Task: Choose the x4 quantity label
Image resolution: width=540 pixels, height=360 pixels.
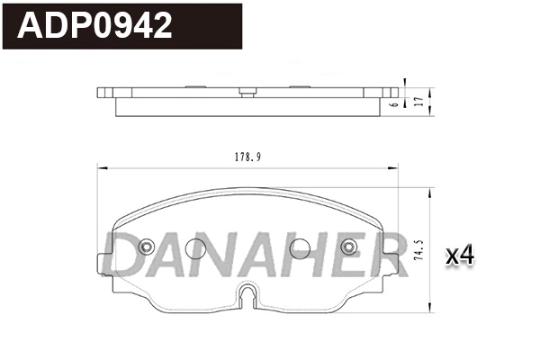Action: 460,256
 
